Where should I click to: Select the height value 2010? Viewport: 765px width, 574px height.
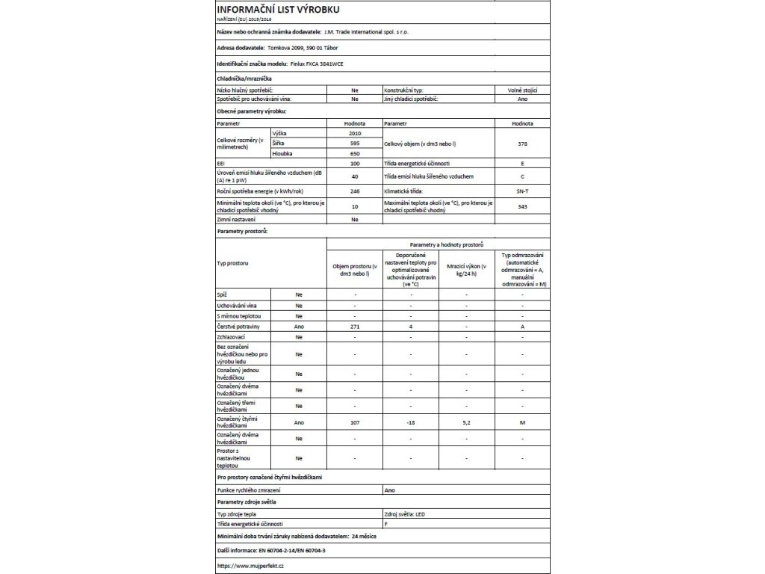click(x=354, y=132)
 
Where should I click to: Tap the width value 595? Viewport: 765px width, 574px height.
click(x=354, y=142)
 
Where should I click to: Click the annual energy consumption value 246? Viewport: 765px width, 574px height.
click(x=354, y=192)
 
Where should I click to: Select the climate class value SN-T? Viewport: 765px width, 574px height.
click(x=522, y=192)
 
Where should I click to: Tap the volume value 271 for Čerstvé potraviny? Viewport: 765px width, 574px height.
click(x=354, y=327)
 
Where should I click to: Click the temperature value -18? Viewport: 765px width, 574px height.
click(x=410, y=423)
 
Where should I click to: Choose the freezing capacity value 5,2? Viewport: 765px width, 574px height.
click(x=466, y=423)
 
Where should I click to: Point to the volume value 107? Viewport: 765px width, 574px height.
click(x=354, y=423)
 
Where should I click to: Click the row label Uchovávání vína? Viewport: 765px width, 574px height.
click(x=233, y=306)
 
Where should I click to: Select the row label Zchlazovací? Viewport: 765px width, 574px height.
click(x=230, y=337)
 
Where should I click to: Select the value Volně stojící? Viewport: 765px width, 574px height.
click(x=522, y=90)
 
